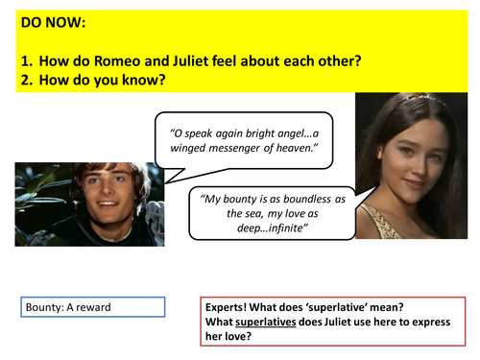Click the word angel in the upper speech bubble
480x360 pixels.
pyautogui.click(x=294, y=132)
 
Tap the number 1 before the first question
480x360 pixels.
pyautogui.click(x=24, y=60)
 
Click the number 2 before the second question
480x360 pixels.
pyautogui.click(x=24, y=79)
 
